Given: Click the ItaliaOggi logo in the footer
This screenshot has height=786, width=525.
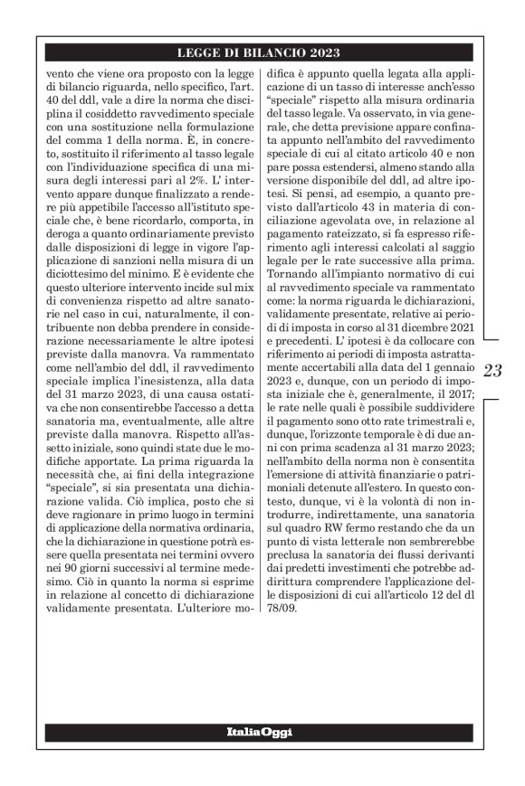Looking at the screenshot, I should [259, 730].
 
